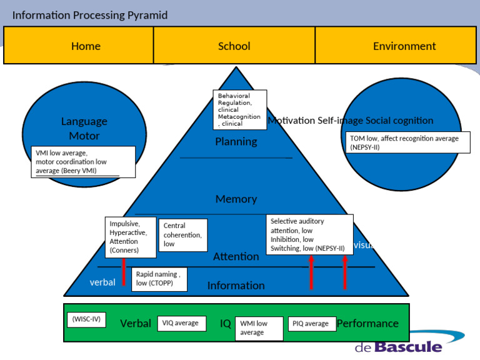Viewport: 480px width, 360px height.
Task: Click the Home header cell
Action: (86, 46)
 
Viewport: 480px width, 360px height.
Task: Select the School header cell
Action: (234, 46)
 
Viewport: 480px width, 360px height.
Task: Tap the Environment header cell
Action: (404, 46)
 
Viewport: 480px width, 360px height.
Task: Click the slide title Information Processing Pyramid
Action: (90, 15)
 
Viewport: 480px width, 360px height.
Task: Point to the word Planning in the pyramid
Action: (236, 142)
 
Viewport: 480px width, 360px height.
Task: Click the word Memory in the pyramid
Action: (236, 199)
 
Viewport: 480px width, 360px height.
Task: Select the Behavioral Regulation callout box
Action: (239, 109)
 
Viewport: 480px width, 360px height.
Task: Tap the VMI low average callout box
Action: (83, 162)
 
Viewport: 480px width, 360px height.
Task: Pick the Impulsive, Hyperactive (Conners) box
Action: (130, 237)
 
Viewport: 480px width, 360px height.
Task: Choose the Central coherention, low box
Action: (183, 234)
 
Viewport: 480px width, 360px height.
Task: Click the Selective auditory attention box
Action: (309, 234)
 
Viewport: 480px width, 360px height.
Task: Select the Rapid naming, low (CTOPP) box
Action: (160, 279)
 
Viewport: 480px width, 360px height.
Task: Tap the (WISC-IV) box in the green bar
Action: (86, 320)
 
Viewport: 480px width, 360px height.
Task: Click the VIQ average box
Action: (181, 323)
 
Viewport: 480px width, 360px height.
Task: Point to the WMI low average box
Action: (259, 328)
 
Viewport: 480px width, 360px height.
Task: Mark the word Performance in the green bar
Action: (367, 323)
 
